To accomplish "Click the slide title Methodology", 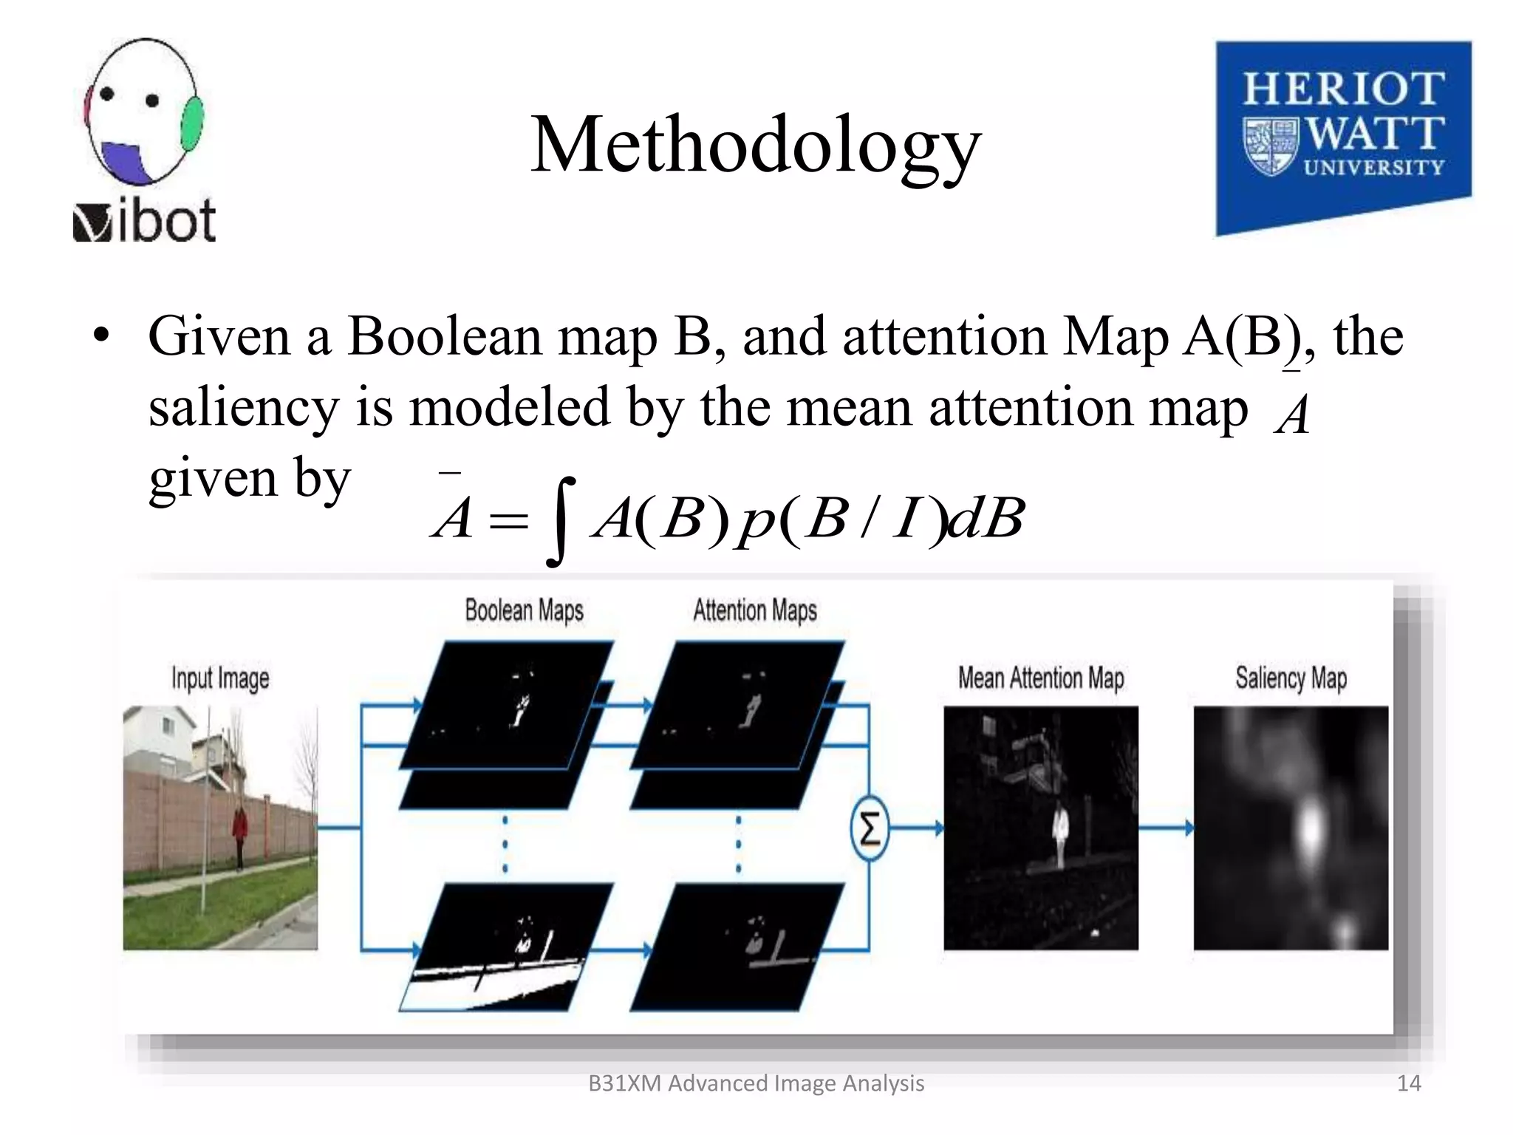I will pyautogui.click(x=756, y=146).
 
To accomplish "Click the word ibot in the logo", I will pyautogui.click(x=166, y=221).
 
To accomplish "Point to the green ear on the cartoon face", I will pyautogui.click(x=191, y=123).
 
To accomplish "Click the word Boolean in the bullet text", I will pyautogui.click(x=445, y=337).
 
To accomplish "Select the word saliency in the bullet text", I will pyautogui.click(x=243, y=408).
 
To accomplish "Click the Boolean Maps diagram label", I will pyautogui.click(x=524, y=611).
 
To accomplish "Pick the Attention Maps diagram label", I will pyautogui.click(x=754, y=611).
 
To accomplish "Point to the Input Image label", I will pyautogui.click(x=220, y=678).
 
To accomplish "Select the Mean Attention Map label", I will pyautogui.click(x=1040, y=678).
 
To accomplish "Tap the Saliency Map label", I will pyautogui.click(x=1291, y=678).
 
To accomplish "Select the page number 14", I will pyautogui.click(x=1409, y=1083).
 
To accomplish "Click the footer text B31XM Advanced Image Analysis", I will pyautogui.click(x=756, y=1083).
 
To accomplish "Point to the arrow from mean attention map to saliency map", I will pyautogui.click(x=1166, y=828).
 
